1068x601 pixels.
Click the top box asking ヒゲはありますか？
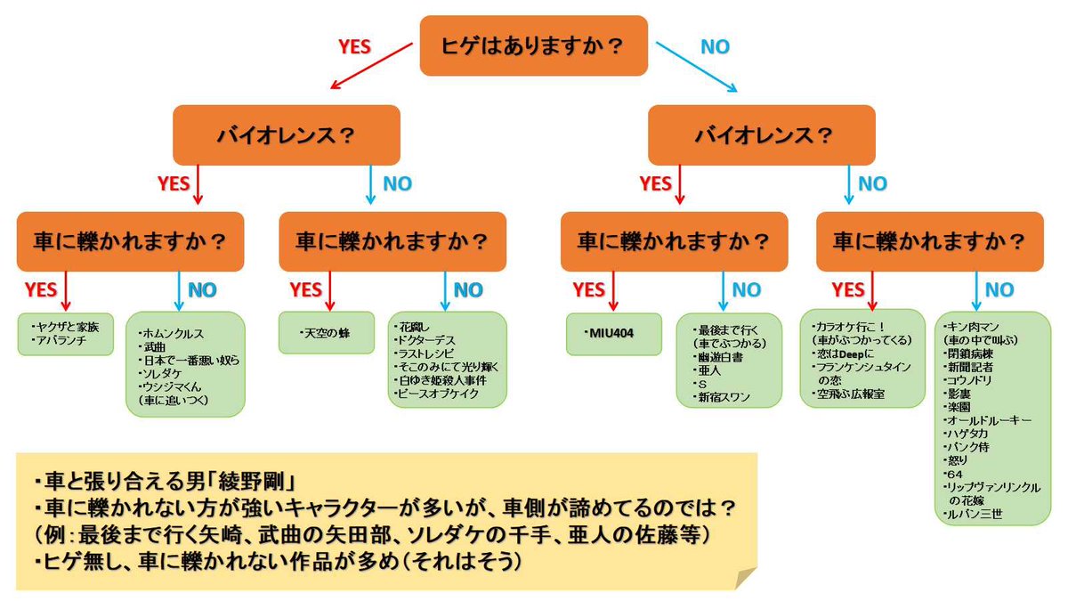[x=533, y=45]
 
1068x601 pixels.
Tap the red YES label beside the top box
[x=354, y=47]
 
